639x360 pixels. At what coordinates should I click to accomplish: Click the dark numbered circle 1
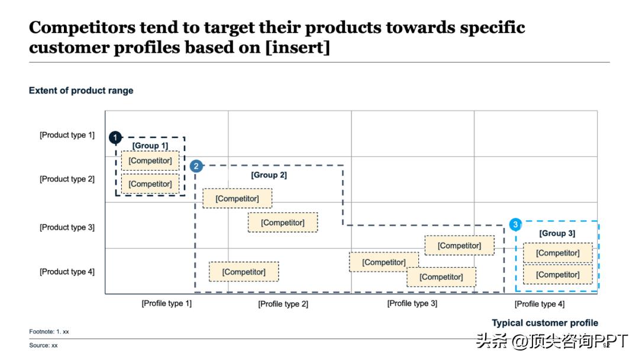click(x=115, y=138)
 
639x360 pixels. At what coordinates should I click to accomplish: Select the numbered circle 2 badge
click(x=196, y=166)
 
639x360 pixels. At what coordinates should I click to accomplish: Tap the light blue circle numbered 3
click(x=516, y=225)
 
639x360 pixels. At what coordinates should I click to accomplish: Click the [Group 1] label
click(x=150, y=146)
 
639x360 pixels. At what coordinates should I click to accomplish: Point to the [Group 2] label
click(x=269, y=175)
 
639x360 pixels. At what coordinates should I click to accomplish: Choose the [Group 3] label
click(x=557, y=233)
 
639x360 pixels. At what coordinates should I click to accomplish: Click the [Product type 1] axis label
click(x=67, y=135)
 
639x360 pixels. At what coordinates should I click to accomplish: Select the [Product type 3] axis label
click(x=67, y=227)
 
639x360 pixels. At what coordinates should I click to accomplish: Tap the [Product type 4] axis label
click(x=67, y=272)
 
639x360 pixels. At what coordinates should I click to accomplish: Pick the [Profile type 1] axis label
click(x=166, y=303)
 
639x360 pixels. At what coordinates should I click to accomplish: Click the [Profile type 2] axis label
click(x=283, y=304)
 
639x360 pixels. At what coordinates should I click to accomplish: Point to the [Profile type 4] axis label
click(x=539, y=304)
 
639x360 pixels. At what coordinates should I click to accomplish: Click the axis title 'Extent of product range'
click(x=81, y=91)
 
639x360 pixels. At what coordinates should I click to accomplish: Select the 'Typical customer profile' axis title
click(x=545, y=323)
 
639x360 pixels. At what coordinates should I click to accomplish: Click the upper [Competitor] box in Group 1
click(x=150, y=160)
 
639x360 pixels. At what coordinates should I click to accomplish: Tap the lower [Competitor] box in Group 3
click(x=557, y=275)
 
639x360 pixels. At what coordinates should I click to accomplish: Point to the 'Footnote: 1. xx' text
click(x=49, y=332)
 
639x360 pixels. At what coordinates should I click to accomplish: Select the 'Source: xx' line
click(x=44, y=345)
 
